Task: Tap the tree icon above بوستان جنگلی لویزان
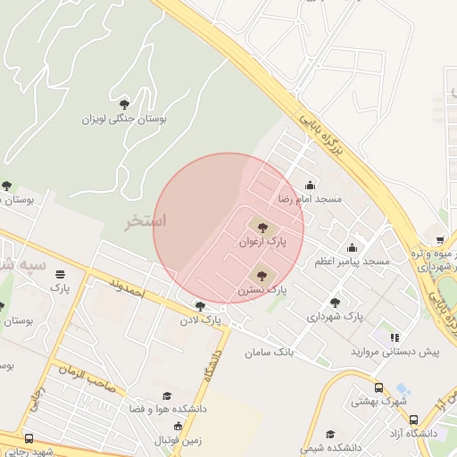tap(123, 104)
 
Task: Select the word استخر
tap(146, 220)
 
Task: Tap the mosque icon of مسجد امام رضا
tap(311, 185)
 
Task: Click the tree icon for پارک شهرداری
tap(335, 303)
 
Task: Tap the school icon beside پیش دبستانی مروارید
tap(394, 338)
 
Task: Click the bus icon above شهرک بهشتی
tap(379, 388)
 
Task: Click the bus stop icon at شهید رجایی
tap(29, 438)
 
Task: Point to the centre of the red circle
tap(229, 228)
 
